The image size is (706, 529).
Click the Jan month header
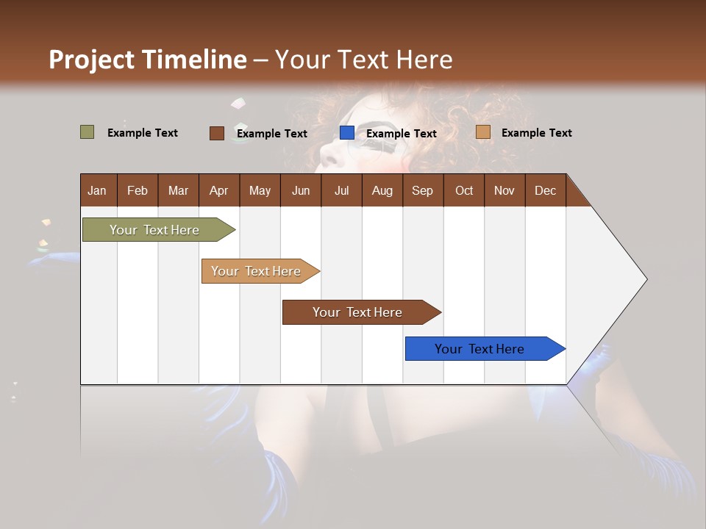click(97, 190)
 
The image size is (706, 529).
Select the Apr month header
click(218, 190)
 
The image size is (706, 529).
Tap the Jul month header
click(341, 190)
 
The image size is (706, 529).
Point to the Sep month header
click(422, 190)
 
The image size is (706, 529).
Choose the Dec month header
click(545, 190)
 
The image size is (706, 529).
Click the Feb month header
click(138, 190)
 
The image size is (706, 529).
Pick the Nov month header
click(504, 190)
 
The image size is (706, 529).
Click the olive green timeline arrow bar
click(154, 230)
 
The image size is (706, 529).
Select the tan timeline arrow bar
click(256, 271)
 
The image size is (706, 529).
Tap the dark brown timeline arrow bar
click(357, 312)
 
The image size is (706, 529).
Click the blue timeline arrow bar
click(479, 349)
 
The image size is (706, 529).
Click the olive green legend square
click(87, 132)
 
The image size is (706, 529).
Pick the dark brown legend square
click(216, 133)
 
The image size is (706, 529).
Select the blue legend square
click(347, 133)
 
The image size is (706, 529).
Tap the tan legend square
click(482, 132)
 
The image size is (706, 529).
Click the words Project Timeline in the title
click(147, 60)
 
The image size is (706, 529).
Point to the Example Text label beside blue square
click(401, 134)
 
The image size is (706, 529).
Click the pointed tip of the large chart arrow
click(645, 279)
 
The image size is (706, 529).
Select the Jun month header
click(301, 190)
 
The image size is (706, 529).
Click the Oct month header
click(464, 190)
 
